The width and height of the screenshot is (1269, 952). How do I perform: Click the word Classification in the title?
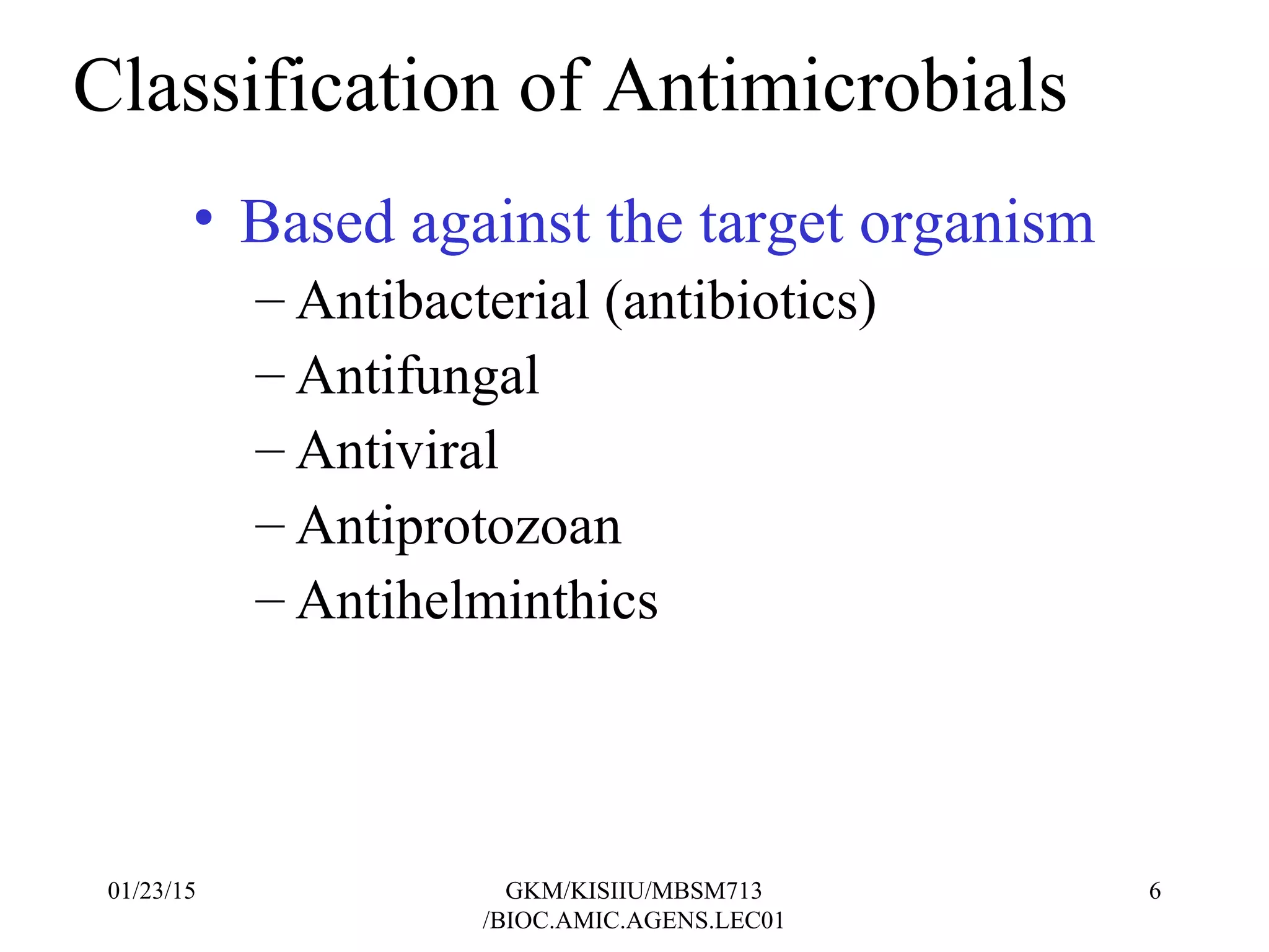point(285,87)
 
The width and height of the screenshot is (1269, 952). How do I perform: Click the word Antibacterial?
point(442,301)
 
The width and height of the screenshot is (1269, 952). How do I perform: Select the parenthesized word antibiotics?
point(740,301)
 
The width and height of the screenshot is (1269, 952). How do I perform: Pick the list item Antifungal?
point(418,377)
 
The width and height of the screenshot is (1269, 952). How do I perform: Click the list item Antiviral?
point(397,451)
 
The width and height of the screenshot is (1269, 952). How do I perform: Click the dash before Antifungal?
point(270,376)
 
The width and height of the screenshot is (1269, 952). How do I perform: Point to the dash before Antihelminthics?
point(270,600)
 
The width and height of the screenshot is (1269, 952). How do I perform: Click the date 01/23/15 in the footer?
point(151,891)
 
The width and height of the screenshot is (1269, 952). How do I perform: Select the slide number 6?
point(1154,891)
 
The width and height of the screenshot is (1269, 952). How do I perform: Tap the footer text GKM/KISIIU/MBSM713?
point(633,891)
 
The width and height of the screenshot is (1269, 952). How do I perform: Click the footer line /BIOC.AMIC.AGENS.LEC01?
point(633,921)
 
